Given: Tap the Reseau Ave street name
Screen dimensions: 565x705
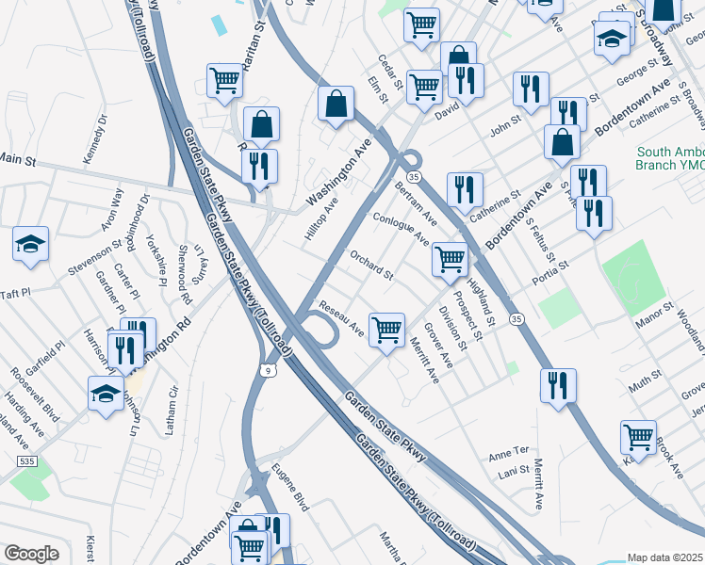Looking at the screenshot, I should pos(341,317).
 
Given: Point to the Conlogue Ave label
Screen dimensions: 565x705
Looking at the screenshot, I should pos(402,229).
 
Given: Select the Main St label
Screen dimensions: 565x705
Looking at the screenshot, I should pos(18,161).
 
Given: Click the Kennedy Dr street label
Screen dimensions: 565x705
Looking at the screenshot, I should pos(95,140).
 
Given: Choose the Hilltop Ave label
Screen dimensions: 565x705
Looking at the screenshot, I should pos(321,218).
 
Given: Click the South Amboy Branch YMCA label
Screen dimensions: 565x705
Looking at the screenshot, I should pos(670,157).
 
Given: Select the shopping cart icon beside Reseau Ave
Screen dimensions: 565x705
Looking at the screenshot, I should pos(386,330).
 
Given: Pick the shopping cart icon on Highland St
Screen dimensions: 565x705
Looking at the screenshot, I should pos(450,258).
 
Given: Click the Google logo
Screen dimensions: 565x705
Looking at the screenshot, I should pos(31,553).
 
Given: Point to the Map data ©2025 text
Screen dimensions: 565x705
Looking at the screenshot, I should pos(664,557).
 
